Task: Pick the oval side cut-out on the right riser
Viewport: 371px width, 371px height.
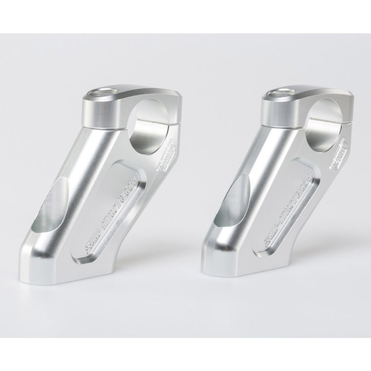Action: click(x=236, y=204)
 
